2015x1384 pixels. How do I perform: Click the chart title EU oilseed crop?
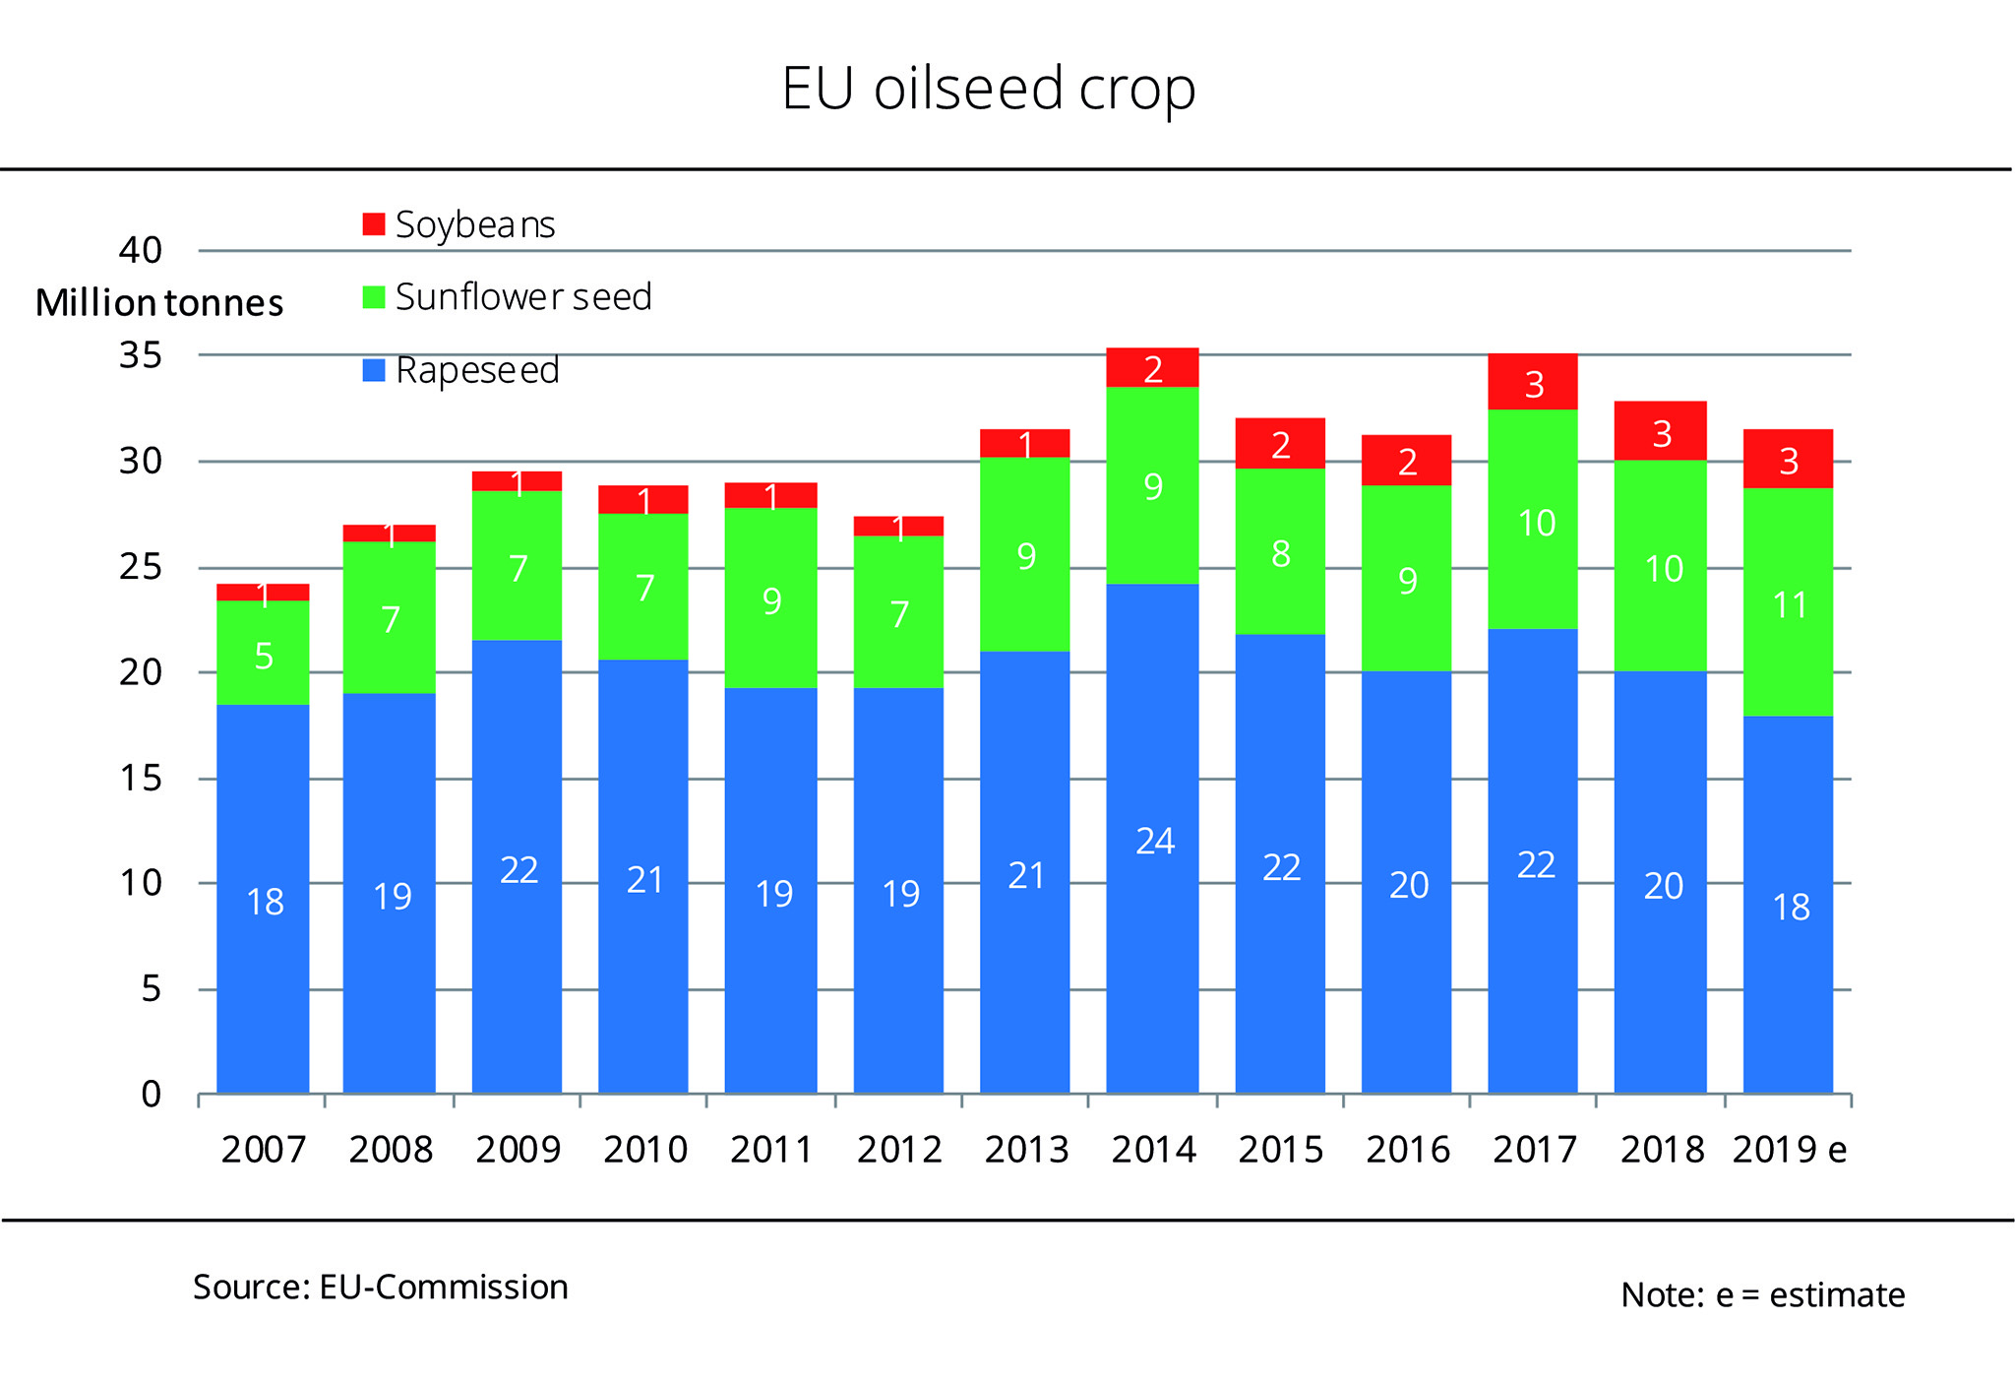click(988, 89)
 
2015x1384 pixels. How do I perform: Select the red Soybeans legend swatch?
click(374, 224)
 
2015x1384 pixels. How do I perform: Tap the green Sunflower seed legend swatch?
click(374, 297)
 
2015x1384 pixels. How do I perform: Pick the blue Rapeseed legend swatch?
click(374, 370)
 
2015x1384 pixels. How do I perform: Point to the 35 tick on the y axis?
click(141, 355)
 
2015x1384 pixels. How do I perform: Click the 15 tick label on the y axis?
click(141, 779)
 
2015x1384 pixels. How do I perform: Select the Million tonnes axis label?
click(159, 303)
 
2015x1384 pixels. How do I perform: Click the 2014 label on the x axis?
click(1153, 1150)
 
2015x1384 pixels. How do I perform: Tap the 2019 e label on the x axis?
click(1789, 1150)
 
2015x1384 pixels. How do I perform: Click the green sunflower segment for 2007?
click(263, 652)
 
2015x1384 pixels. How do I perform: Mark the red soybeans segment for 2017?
click(1532, 382)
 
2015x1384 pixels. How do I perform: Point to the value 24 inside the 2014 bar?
click(1154, 842)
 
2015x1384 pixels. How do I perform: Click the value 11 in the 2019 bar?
click(1790, 605)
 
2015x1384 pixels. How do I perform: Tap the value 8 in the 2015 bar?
click(1280, 554)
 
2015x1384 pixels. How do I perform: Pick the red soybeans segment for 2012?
click(898, 526)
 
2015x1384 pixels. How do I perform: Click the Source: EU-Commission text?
click(380, 1288)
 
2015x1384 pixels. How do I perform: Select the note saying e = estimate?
click(1762, 1295)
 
